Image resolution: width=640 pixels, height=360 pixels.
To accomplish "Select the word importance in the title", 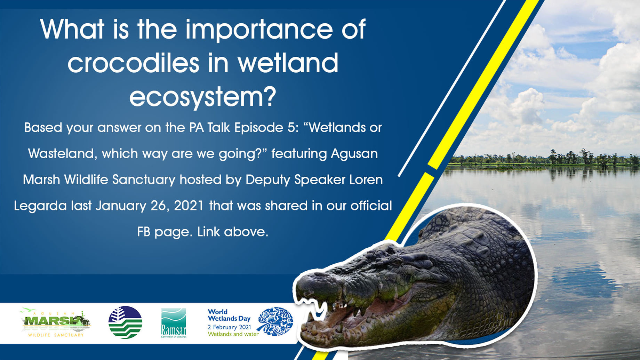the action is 259,29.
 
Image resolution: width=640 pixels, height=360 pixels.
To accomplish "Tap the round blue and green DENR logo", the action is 125,322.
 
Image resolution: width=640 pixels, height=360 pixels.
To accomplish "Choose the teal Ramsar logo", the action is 174,323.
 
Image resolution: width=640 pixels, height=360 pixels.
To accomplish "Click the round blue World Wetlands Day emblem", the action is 275,321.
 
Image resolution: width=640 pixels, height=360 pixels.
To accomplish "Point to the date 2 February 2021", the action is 229,327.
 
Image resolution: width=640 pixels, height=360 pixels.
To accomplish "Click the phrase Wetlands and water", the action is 233,334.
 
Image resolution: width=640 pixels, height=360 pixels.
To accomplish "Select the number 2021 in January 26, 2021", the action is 189,206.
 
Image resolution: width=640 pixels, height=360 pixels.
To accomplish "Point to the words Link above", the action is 233,232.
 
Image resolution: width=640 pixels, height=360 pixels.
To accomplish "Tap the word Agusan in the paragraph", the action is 354,154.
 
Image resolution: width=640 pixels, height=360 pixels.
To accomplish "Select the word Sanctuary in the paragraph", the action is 144,180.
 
